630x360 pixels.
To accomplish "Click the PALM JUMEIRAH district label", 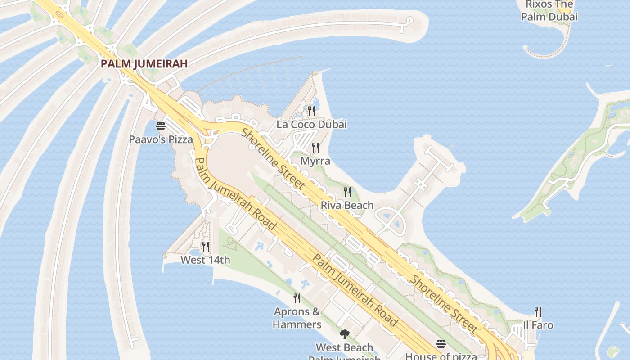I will [x=144, y=64].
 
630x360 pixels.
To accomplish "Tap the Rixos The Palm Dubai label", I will [x=549, y=11].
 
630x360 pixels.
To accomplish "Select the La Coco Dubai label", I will [x=311, y=125].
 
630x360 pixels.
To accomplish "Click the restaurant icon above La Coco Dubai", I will [x=311, y=110].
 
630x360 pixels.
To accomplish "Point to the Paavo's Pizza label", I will [x=161, y=139].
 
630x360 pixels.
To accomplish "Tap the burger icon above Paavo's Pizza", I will [x=161, y=126].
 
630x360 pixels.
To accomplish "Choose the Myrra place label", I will [x=315, y=161].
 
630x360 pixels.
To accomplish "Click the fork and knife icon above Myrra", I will [x=315, y=147].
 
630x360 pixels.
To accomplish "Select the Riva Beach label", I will [x=347, y=206].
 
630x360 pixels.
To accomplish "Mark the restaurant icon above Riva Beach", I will [x=347, y=192].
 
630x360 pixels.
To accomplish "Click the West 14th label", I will [x=205, y=260].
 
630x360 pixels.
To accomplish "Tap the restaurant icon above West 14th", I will [x=206, y=246].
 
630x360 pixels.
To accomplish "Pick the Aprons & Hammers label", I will [x=297, y=318].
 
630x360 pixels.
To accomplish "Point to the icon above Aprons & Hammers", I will [x=297, y=298].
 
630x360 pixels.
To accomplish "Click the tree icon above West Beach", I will [x=345, y=334].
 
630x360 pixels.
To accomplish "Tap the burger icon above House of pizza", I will [x=441, y=344].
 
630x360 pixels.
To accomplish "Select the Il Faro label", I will [x=538, y=325].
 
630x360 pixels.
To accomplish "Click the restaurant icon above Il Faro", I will [x=538, y=311].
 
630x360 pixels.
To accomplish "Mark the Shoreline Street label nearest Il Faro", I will [x=443, y=304].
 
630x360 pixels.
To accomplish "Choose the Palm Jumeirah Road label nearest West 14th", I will [x=236, y=193].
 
